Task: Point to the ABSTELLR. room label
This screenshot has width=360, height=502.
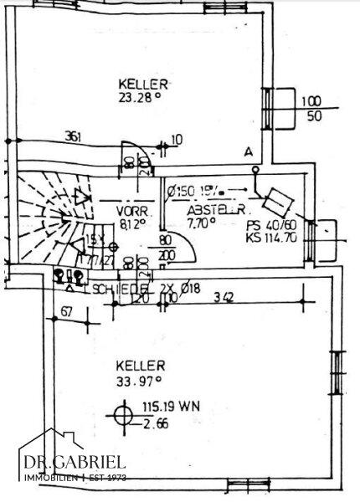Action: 215,209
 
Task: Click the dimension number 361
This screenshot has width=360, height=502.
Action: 75,138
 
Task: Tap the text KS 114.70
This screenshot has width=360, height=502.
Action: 269,238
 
